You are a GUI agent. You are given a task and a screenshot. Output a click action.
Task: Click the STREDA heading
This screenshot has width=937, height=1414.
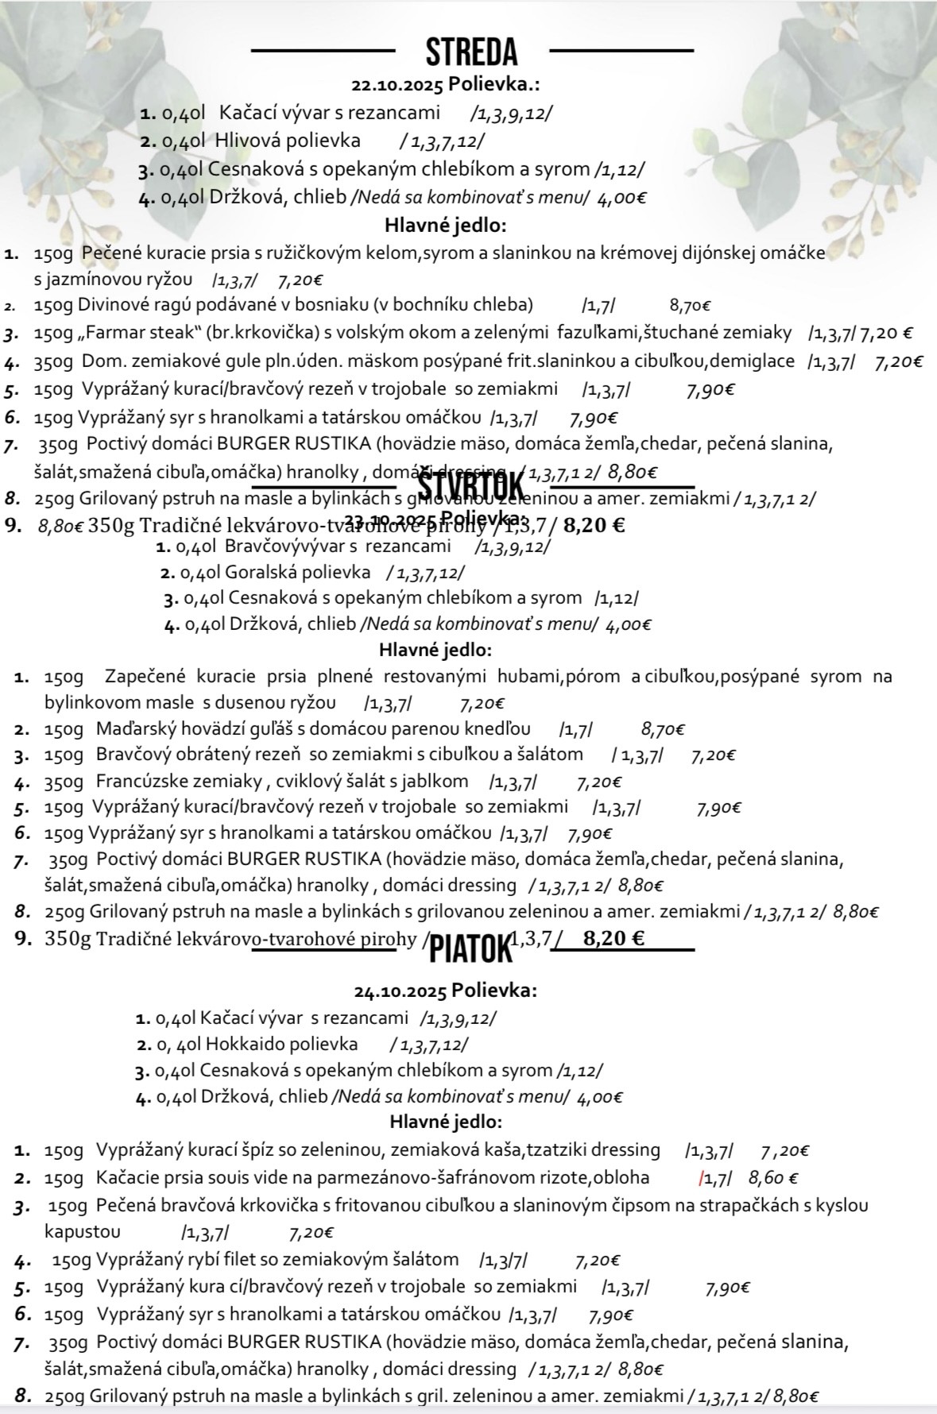[472, 52]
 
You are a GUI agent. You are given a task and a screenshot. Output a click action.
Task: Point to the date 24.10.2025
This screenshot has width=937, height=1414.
[401, 991]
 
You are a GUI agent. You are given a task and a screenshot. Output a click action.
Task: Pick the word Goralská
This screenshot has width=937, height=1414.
[259, 572]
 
